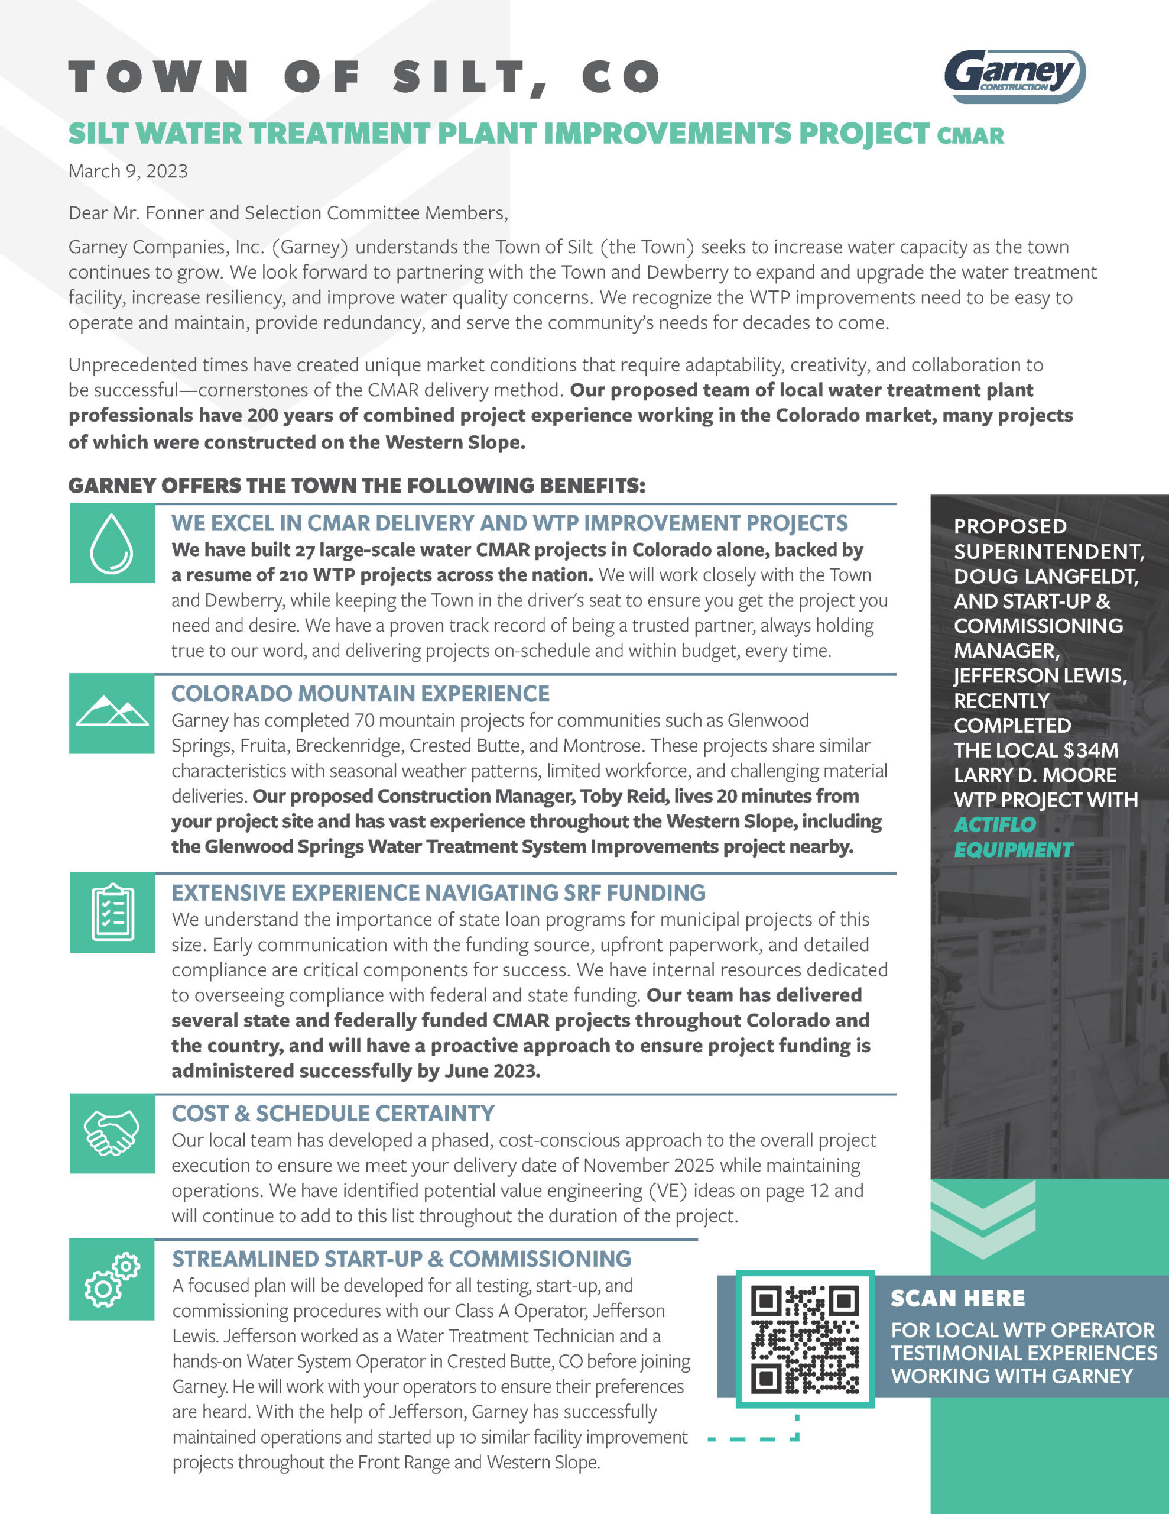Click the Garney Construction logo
click(1014, 76)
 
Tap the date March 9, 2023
click(128, 172)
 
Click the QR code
click(804, 1338)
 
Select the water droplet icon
click(112, 544)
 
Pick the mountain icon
click(112, 712)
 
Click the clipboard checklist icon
click(112, 913)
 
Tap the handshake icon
click(112, 1133)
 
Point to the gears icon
click(112, 1280)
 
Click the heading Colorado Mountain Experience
click(361, 693)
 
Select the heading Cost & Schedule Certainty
click(333, 1113)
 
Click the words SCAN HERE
click(957, 1298)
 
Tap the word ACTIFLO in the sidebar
click(995, 824)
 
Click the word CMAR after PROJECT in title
click(970, 136)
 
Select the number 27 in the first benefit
click(305, 550)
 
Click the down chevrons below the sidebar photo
click(983, 1219)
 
